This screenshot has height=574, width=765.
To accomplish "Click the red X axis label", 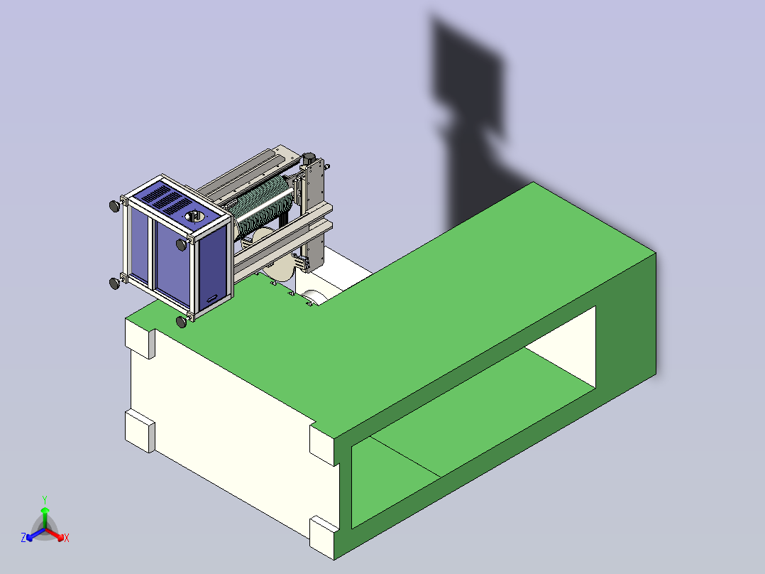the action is pyautogui.click(x=67, y=538).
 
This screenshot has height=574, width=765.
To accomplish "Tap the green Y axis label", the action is pyautogui.click(x=45, y=499).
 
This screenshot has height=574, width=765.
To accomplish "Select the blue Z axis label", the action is pyautogui.click(x=23, y=538).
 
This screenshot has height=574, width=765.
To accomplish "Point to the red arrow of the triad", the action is pyautogui.click(x=55, y=534).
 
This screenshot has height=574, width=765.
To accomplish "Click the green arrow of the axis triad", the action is pyautogui.click(x=45, y=518).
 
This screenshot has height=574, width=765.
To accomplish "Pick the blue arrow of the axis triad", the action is pyautogui.click(x=35, y=534).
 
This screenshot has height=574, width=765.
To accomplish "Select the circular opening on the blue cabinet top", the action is pyautogui.click(x=195, y=217).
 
